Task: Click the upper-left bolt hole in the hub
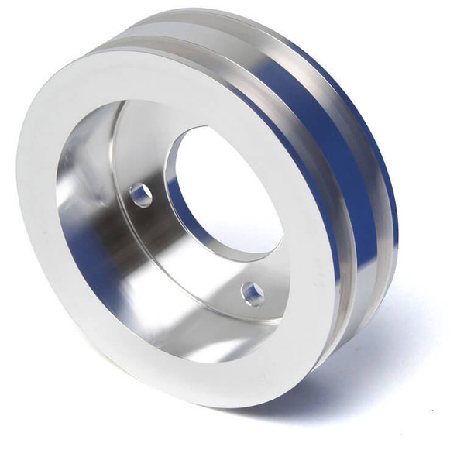pos(141,195)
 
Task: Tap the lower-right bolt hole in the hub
pos(253,294)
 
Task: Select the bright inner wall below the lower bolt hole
pos(232,333)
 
